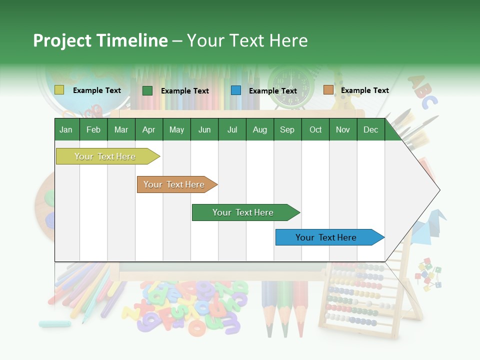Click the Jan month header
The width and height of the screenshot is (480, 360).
[x=66, y=129]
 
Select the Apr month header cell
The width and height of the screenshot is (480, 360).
[x=149, y=129]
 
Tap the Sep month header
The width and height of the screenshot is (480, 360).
[x=287, y=129]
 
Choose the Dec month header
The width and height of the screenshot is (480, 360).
[x=370, y=129]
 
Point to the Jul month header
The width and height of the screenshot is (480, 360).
[x=232, y=129]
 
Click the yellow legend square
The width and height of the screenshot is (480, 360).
[x=59, y=90]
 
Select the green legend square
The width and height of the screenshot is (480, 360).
[x=147, y=90]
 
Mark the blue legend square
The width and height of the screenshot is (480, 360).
[x=235, y=90]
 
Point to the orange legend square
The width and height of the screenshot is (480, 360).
[x=328, y=90]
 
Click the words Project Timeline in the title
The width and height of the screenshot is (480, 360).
[x=100, y=40]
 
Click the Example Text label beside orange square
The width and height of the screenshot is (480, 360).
[x=364, y=90]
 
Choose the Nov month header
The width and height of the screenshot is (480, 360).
[x=342, y=129]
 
